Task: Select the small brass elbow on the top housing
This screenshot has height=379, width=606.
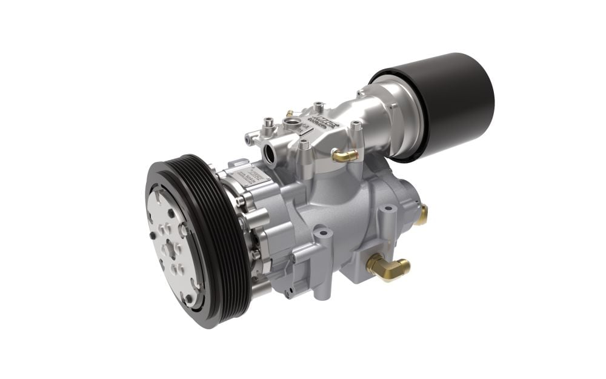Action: pos(346,156)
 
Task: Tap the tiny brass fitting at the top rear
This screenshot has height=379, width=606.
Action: pos(290,113)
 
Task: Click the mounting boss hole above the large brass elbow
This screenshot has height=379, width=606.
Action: pos(386,210)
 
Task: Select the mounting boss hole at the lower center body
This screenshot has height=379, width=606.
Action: pos(320,232)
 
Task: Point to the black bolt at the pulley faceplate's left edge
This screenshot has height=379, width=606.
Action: pos(151,233)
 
